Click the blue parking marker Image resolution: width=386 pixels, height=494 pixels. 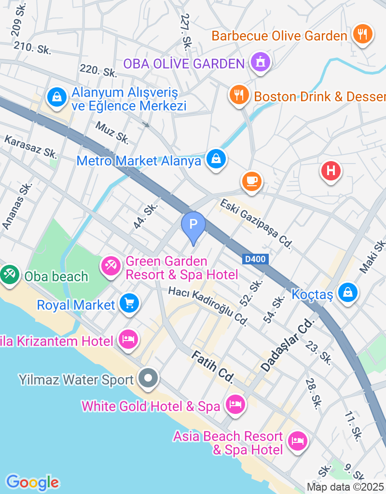click(x=193, y=225)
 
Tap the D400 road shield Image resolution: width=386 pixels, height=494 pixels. click(x=255, y=260)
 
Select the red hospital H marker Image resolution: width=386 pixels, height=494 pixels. click(x=331, y=171)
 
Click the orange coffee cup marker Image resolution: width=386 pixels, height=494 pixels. click(x=251, y=181)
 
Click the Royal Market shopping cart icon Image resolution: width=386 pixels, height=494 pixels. click(x=129, y=303)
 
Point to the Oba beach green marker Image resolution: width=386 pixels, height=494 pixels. click(x=9, y=274)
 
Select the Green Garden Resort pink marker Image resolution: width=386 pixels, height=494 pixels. click(x=110, y=265)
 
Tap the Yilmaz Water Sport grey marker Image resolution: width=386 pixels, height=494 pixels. click(x=148, y=378)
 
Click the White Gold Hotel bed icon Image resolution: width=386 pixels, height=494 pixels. click(x=235, y=404)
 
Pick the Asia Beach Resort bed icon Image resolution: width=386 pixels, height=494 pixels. click(x=297, y=440)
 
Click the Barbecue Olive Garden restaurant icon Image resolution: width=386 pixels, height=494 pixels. click(x=362, y=34)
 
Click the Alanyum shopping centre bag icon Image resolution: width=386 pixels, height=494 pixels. click(x=57, y=97)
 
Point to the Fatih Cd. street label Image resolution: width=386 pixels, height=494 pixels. click(x=212, y=367)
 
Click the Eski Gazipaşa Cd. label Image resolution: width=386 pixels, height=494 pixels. click(x=256, y=224)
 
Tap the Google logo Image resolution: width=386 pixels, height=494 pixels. click(x=32, y=482)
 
